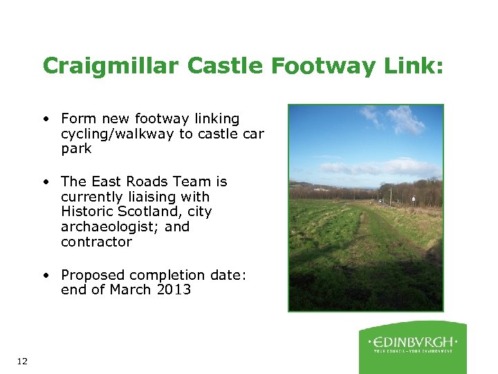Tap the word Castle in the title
point(215,66)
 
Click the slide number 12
point(21,361)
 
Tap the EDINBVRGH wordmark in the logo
point(413,341)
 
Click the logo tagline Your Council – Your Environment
point(413,351)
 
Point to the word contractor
point(96,242)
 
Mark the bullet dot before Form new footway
point(44,118)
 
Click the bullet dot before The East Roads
point(44,181)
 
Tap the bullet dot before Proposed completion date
point(44,275)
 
